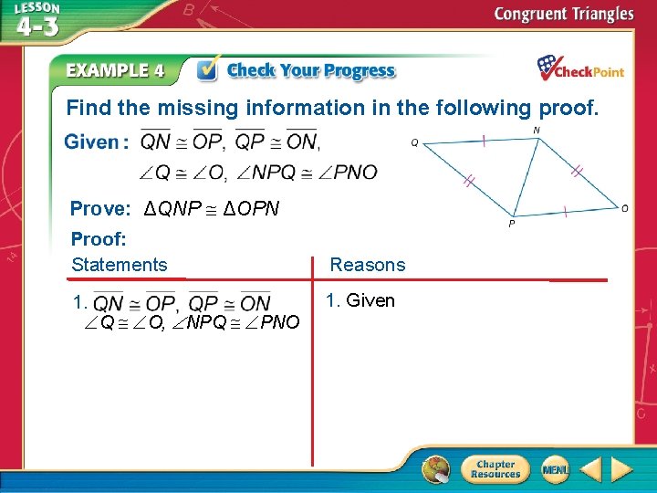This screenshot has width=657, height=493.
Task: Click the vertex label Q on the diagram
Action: pos(414,142)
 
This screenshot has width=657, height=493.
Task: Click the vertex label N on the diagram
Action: pos(536,131)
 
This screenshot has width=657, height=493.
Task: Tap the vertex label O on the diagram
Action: pos(624,208)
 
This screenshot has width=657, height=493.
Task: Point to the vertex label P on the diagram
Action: pos(511,223)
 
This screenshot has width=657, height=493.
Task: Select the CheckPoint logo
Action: pos(579,68)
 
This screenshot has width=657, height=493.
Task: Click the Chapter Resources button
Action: pos(495,469)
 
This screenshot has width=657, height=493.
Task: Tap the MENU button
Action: pos(555,469)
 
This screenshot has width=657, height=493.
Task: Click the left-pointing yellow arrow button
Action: pos(591,469)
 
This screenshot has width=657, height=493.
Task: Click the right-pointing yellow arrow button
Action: pos(621,469)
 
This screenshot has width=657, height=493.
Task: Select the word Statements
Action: pos(120,265)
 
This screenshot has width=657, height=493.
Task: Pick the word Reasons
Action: pos(367,265)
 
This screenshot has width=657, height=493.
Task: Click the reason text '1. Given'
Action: pos(360,299)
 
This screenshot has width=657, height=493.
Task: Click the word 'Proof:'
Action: pos(99,239)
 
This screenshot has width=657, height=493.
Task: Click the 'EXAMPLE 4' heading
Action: pos(115,70)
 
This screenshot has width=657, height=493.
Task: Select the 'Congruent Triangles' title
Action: pos(563,14)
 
